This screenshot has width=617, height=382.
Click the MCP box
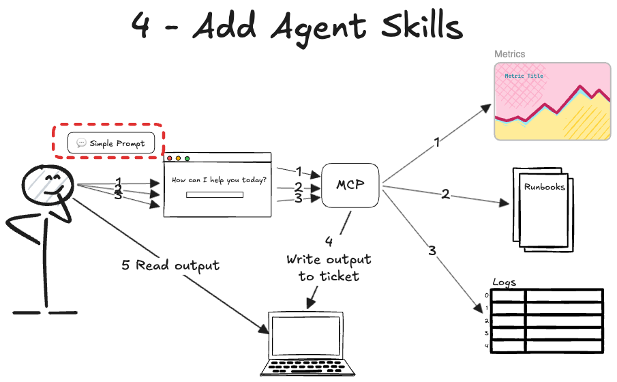point(350,186)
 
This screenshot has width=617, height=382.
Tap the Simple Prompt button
point(111,143)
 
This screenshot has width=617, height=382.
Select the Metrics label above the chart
point(509,54)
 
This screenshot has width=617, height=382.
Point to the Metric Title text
point(524,76)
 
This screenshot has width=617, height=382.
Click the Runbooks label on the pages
point(544,186)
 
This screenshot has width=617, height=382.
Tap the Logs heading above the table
point(504,282)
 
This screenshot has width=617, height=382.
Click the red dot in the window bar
point(170,158)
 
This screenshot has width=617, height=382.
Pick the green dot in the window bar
point(187,158)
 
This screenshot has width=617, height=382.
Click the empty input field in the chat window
point(215,195)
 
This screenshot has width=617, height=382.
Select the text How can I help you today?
point(219,180)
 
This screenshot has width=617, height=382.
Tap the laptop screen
point(305,335)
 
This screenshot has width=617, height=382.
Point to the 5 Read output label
point(170,265)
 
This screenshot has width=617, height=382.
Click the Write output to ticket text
point(329,267)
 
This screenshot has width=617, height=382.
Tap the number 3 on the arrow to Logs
point(432,250)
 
